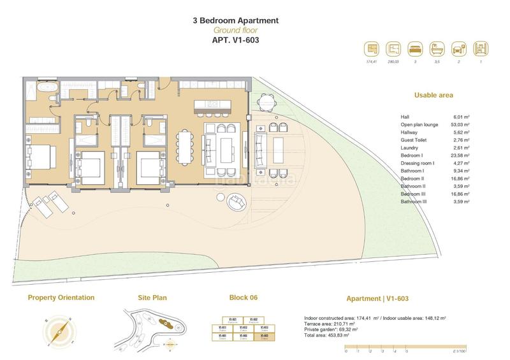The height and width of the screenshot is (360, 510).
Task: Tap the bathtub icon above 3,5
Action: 436,48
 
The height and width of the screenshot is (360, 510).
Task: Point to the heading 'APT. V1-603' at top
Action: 235,40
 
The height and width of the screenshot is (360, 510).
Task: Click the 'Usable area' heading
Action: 433,95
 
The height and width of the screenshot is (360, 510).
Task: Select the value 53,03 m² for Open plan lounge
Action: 461,124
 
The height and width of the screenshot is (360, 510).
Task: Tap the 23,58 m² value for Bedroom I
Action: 461,155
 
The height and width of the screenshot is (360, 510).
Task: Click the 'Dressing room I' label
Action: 418,162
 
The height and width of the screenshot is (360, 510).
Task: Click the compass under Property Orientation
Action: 62,329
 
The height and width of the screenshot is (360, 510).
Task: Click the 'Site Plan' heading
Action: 153,298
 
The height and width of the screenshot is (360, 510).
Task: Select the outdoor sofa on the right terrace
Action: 261,148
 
